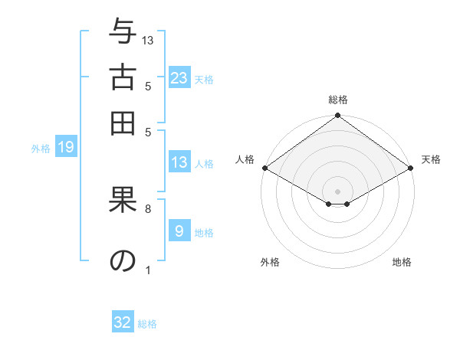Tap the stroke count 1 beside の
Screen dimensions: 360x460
(x=148, y=269)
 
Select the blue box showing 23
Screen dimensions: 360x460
(x=179, y=78)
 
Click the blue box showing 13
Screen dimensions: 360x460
(x=179, y=162)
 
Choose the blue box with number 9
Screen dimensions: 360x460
(x=179, y=231)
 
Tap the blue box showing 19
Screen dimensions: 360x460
(x=66, y=148)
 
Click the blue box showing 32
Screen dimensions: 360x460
(x=123, y=322)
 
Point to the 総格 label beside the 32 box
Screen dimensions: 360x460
(x=148, y=324)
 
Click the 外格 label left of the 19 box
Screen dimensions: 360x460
(x=41, y=149)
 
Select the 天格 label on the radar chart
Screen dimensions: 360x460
(x=432, y=159)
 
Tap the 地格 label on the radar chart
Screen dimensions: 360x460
(x=402, y=262)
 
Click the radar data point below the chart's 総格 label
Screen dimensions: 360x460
(x=337, y=116)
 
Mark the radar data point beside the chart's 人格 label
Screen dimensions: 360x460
(x=264, y=168)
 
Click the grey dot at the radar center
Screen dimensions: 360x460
(x=337, y=191)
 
